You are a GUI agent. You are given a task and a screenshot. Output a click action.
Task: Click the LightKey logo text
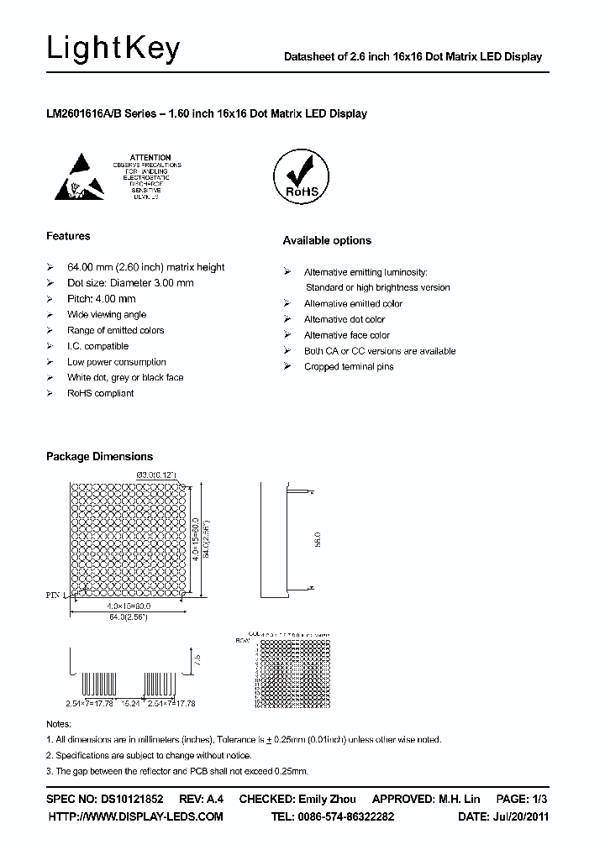coord(113,50)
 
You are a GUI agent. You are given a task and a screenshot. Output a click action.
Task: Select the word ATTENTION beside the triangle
coord(151,157)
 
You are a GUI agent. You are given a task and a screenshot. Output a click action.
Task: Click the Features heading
coord(68,236)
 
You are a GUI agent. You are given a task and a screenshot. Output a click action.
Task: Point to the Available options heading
coord(327,241)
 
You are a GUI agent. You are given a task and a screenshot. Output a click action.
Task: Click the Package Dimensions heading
coord(99,457)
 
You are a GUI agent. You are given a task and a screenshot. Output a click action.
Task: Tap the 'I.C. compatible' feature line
coord(97,346)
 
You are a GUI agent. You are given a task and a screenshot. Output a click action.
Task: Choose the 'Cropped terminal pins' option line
coord(349,367)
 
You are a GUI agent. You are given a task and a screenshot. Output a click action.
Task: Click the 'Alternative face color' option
coord(346,335)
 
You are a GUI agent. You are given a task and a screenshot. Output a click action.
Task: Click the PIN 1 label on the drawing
coord(57,594)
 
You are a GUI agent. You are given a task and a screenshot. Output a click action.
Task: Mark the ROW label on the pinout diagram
coord(244,640)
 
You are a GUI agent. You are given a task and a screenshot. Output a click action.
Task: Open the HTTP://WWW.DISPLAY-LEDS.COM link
coord(135,816)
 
